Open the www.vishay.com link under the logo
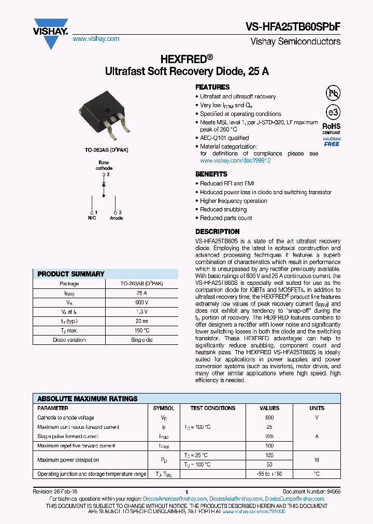pyautogui.click(x=96, y=39)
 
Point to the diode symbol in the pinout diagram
pyautogui.click(x=104, y=184)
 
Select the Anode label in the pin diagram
pyautogui.click(x=117, y=219)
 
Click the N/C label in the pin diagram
pyautogui.click(x=92, y=219)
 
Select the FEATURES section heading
pyautogui.click(x=212, y=87)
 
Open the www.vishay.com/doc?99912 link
pyautogui.click(x=236, y=161)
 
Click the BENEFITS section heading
pyautogui.click(x=211, y=174)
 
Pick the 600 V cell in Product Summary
pyautogui.click(x=142, y=302)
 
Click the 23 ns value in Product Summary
pyautogui.click(x=142, y=321)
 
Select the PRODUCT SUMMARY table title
pyautogui.click(x=71, y=274)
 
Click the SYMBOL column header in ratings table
pyautogui.click(x=164, y=408)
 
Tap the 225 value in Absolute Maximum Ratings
pyautogui.click(x=269, y=436)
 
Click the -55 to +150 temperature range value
pyautogui.click(x=269, y=474)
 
